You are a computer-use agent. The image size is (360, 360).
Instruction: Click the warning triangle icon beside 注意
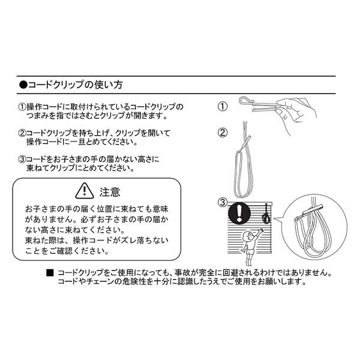tap(85, 191)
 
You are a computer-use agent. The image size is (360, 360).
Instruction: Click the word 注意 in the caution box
tap(110, 192)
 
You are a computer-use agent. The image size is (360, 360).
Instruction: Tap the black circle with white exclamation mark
tap(239, 213)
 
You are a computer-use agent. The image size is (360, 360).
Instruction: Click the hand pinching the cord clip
tap(296, 110)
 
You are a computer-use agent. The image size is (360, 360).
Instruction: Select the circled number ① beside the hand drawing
tap(222, 107)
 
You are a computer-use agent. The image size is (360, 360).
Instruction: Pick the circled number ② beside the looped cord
tap(222, 133)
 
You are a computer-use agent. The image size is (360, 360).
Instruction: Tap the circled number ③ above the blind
tap(222, 202)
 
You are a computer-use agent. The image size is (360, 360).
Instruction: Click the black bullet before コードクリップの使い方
tap(23, 85)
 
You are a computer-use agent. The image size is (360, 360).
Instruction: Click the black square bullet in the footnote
tap(50, 273)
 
